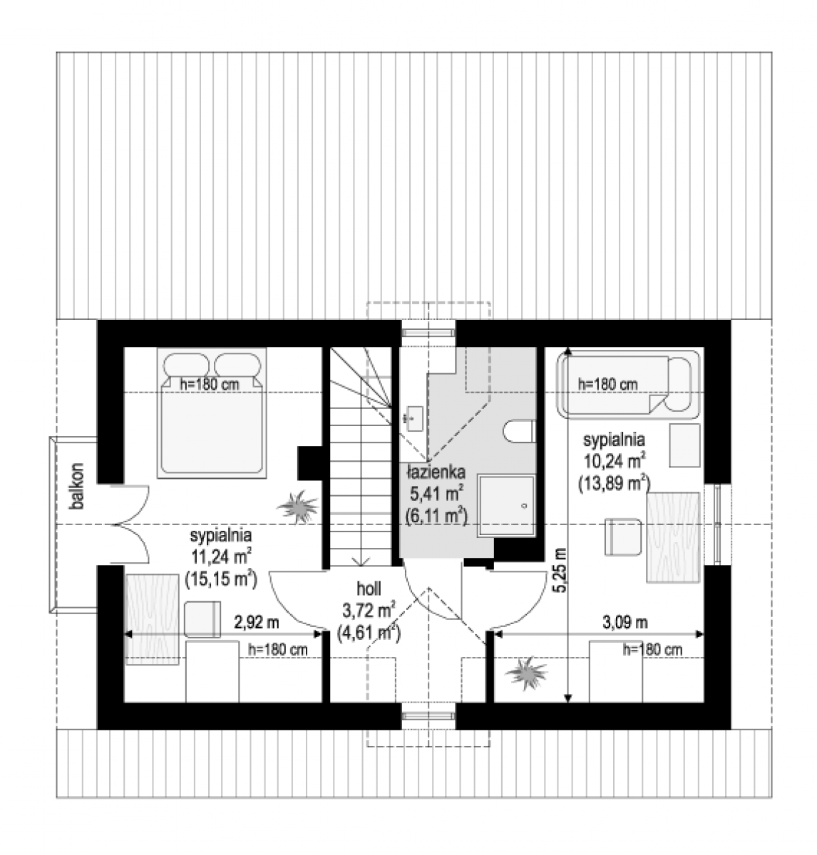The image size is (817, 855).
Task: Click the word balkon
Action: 78,486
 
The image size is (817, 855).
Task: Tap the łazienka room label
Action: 436,473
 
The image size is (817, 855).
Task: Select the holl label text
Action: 368,589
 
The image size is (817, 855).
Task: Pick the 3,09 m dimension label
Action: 625,623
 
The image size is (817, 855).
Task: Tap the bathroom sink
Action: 413,418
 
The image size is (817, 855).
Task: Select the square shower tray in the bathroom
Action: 506,506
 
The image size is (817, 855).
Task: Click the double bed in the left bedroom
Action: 212,413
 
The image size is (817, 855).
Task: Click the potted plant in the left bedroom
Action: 298,507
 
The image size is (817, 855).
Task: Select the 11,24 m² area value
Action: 221,558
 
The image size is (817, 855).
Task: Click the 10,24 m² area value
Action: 615,461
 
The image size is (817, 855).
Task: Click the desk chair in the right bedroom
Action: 623,537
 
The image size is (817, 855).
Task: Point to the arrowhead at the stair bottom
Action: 361,561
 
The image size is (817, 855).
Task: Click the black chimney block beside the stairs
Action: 310,463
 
